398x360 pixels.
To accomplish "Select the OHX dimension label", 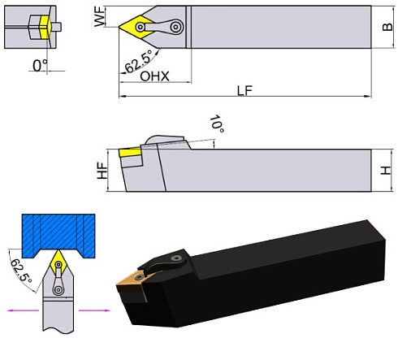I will [155, 76].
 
